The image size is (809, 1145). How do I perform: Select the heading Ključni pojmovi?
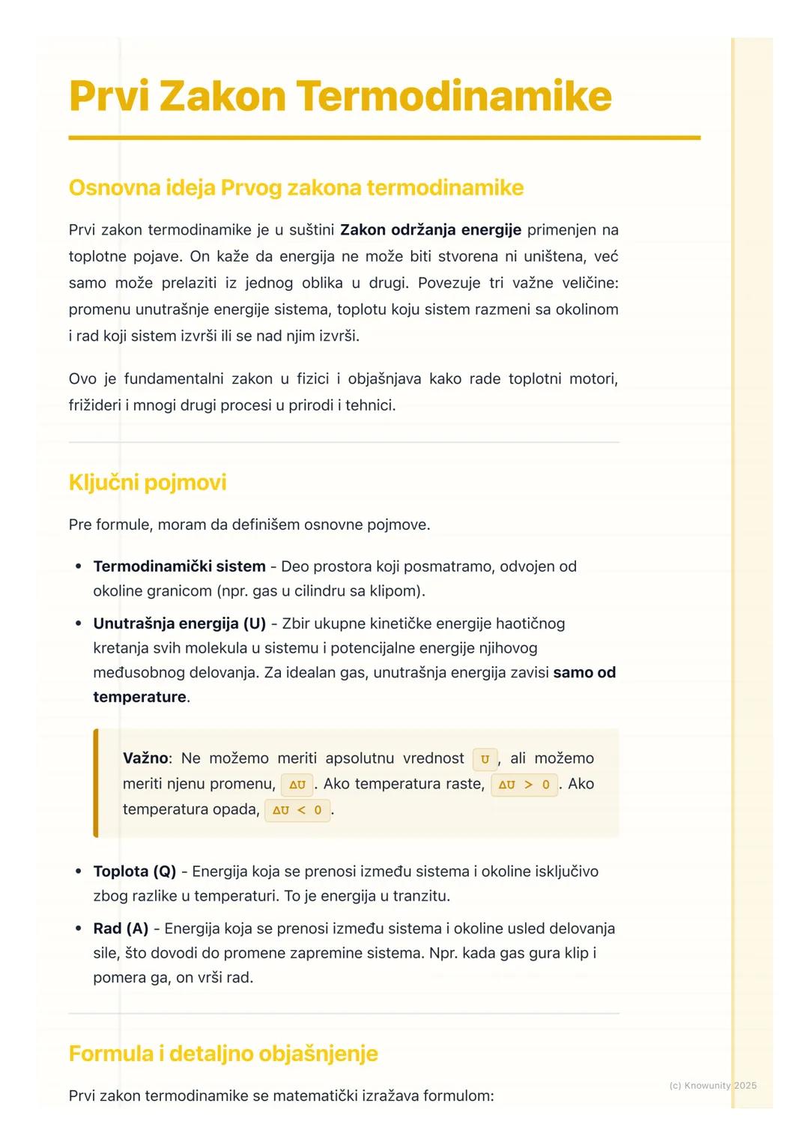[x=147, y=482]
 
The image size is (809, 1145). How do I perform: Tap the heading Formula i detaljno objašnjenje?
[x=222, y=1053]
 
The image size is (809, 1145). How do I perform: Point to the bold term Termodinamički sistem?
[x=179, y=566]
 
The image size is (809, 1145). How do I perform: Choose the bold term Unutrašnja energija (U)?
[x=179, y=623]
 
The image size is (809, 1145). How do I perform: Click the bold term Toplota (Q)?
[x=134, y=871]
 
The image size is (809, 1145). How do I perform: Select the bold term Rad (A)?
[x=121, y=928]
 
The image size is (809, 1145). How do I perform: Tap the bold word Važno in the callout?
[x=145, y=758]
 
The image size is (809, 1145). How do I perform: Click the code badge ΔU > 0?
[x=524, y=785]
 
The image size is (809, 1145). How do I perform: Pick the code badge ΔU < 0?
[x=297, y=810]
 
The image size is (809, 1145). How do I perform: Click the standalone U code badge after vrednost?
[x=485, y=759]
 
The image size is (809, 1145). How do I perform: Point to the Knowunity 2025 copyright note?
[x=712, y=1085]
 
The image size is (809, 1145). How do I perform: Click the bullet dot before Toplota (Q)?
[x=79, y=871]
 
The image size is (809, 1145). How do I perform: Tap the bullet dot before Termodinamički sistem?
[x=79, y=567]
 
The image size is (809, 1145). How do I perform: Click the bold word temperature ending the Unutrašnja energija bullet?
[x=139, y=696]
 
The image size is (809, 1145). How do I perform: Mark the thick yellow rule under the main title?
[x=384, y=138]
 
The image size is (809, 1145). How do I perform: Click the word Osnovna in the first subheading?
[x=110, y=187]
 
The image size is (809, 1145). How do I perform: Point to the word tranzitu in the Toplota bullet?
[x=422, y=895]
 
